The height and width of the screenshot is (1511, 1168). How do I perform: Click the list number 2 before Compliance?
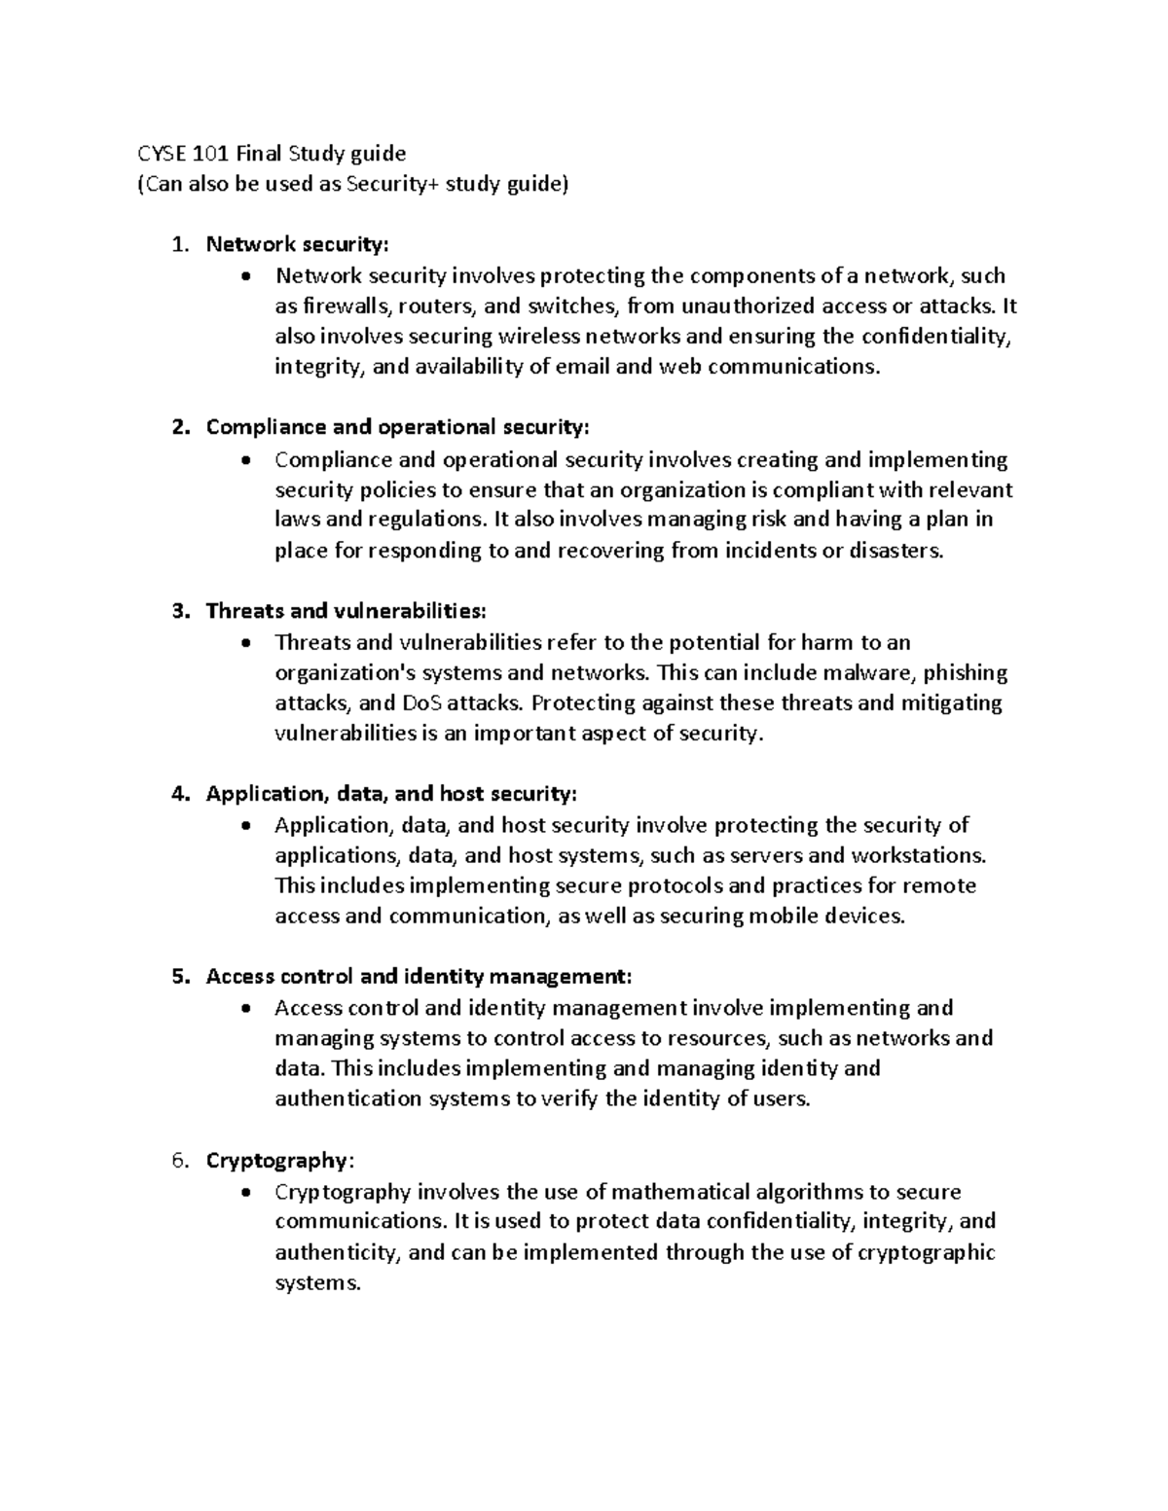pyautogui.click(x=177, y=428)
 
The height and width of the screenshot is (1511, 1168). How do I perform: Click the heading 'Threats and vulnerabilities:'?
pyautogui.click(x=345, y=611)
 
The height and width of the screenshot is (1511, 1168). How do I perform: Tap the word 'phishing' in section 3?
pyautogui.click(x=966, y=673)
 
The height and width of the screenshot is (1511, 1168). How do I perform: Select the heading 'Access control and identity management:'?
pyautogui.click(x=419, y=977)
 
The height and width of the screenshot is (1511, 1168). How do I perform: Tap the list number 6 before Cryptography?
pyautogui.click(x=177, y=1161)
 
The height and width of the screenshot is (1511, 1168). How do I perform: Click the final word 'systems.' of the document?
pyautogui.click(x=317, y=1283)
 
